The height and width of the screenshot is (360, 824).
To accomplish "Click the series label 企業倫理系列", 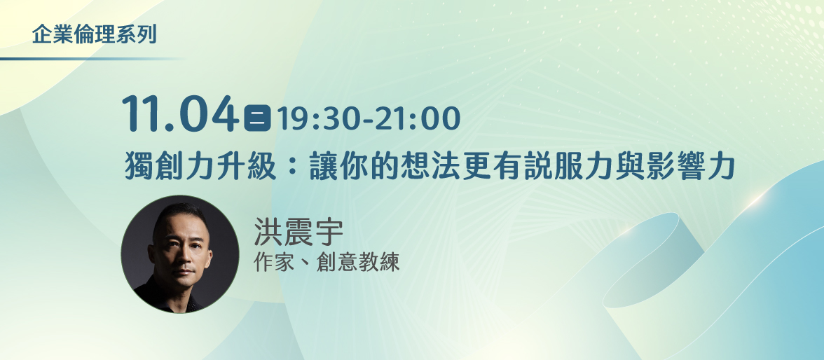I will pyautogui.click(x=94, y=34).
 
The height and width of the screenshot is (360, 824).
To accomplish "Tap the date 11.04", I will pyautogui.click(x=180, y=114).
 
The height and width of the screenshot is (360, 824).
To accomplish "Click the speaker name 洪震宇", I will pyautogui.click(x=298, y=232).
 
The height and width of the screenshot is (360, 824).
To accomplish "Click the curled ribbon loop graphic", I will pyautogui.click(x=652, y=259).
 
